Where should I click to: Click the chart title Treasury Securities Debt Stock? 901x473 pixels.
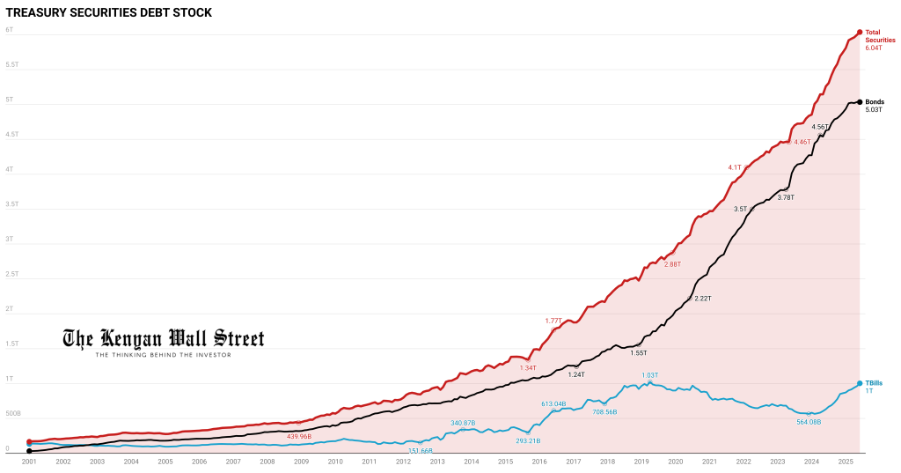109,13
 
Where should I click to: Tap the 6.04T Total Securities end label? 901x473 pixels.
874,48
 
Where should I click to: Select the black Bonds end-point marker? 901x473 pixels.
860,102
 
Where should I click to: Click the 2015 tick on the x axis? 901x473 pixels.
505,462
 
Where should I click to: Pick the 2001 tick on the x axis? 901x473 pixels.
29,462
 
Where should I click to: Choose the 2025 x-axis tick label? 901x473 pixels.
845,462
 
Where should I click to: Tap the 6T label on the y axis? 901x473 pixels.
9,30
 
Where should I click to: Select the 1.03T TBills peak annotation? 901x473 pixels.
649,375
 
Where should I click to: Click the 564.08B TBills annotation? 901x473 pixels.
808,422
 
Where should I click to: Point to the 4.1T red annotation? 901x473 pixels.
735,167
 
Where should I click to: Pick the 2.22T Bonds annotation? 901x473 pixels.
702,299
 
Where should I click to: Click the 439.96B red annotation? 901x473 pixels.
299,436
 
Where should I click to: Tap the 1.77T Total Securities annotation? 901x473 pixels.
553,321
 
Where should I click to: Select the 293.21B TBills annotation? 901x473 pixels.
528,440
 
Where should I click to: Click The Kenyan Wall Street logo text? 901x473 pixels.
163,338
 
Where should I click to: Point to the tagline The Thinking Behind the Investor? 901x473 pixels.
163,355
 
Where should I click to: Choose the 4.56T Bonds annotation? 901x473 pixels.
818,127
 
